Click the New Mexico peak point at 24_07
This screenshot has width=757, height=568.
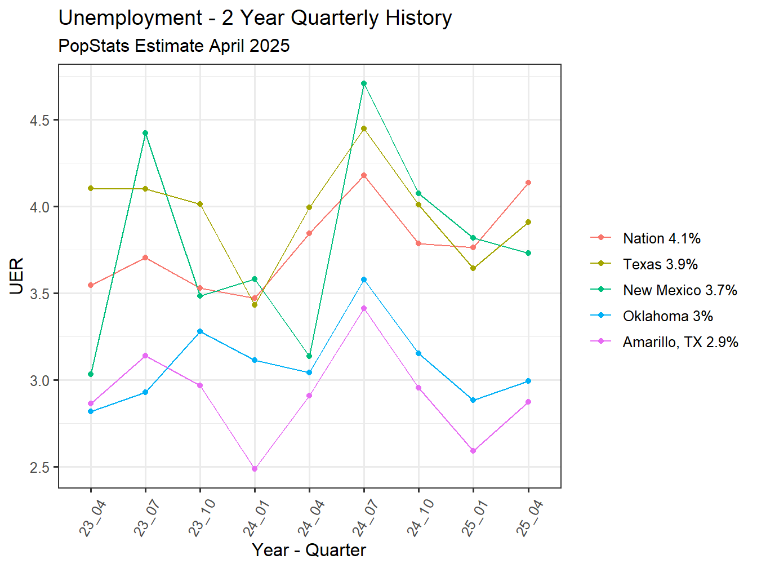coord(364,83)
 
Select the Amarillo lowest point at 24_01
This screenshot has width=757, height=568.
coord(255,469)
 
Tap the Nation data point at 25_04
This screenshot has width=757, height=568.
coord(528,183)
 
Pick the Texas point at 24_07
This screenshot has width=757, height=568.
coord(364,128)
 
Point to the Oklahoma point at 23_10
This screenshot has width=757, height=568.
coord(200,331)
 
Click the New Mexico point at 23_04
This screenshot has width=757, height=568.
coord(91,374)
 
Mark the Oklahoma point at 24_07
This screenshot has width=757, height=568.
coord(364,279)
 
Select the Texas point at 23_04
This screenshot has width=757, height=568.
coord(91,188)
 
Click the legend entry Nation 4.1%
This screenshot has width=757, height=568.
coord(661,238)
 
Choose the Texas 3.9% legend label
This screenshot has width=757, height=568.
coord(660,264)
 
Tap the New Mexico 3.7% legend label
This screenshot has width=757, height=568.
coord(680,290)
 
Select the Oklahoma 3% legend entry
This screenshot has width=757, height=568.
coord(667,316)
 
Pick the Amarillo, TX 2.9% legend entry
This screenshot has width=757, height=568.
coord(680,342)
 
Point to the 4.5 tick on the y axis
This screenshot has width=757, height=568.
coord(39,120)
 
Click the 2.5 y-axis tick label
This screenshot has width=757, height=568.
coord(39,467)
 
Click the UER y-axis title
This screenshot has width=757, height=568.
coord(16,276)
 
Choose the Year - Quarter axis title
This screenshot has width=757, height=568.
coord(309,550)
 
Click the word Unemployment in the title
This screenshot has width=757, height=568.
coord(130,18)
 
